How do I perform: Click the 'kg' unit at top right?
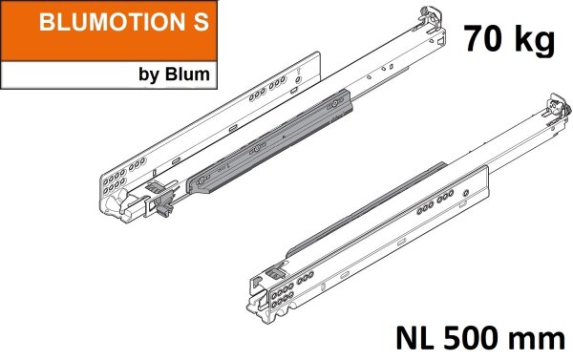pos(536,41)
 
